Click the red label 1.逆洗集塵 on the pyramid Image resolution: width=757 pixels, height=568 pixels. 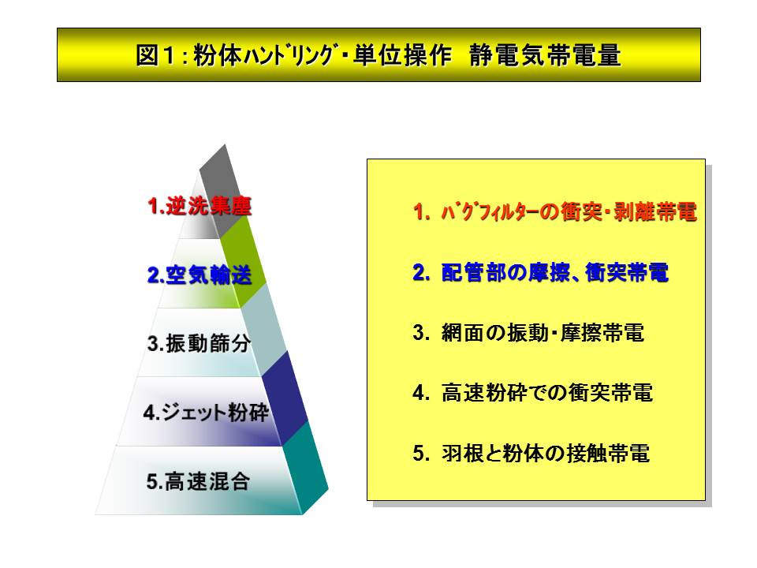[200, 206]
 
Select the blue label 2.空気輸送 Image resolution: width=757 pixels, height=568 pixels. [200, 275]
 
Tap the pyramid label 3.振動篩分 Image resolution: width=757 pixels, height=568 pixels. [199, 343]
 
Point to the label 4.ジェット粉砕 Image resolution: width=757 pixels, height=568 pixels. [206, 413]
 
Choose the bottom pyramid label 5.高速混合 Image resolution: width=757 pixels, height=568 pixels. [198, 481]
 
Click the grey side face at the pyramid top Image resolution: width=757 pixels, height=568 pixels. [223, 189]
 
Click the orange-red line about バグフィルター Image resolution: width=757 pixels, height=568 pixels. [554, 211]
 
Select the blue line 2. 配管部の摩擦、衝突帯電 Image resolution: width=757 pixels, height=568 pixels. [541, 272]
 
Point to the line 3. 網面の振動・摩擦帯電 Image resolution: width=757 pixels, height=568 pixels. [528, 333]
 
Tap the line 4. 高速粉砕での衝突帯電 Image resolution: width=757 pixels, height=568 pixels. [533, 393]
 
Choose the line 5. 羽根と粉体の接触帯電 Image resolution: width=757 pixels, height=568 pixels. [531, 453]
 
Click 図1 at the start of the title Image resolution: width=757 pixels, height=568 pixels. [155, 55]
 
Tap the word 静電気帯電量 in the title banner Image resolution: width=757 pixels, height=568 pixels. [545, 55]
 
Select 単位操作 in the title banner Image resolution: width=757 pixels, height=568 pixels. [403, 55]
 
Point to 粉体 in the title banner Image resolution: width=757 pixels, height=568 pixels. [218, 55]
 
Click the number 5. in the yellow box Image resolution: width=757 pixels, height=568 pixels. [421, 453]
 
